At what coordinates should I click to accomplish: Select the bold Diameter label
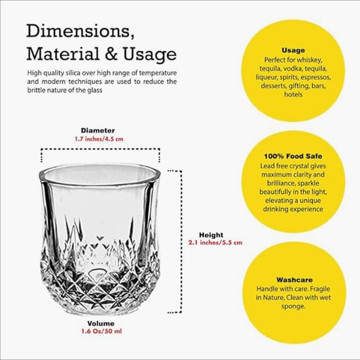pyautogui.click(x=98, y=130)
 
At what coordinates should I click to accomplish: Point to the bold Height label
pyautogui.click(x=211, y=235)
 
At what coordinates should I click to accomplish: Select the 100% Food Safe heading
pyautogui.click(x=293, y=156)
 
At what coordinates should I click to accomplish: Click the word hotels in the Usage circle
pyautogui.click(x=293, y=94)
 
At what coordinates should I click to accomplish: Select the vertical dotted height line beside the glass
pyautogui.click(x=180, y=242)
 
